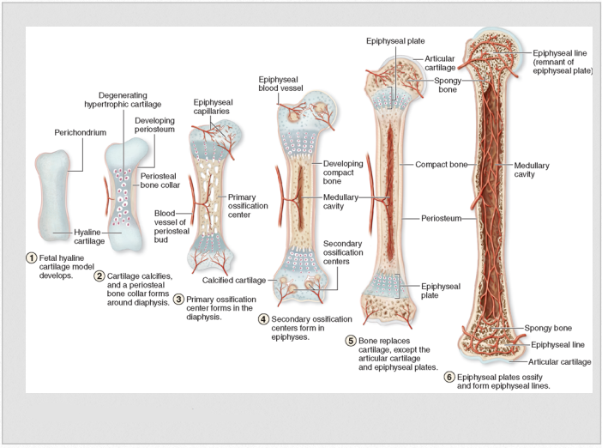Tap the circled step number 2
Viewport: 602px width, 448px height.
pos(99,275)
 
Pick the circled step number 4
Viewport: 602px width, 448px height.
pos(264,318)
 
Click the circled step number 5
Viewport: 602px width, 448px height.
pos(351,341)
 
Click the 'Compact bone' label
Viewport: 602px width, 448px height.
pos(440,163)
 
